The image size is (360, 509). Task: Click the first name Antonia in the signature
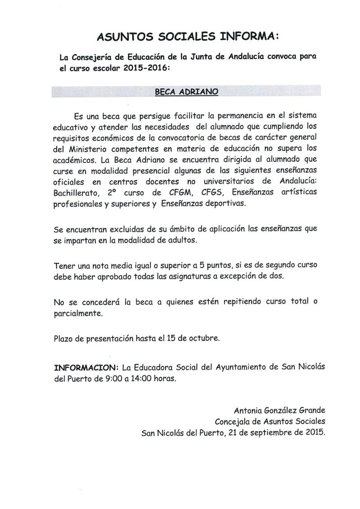248,410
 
